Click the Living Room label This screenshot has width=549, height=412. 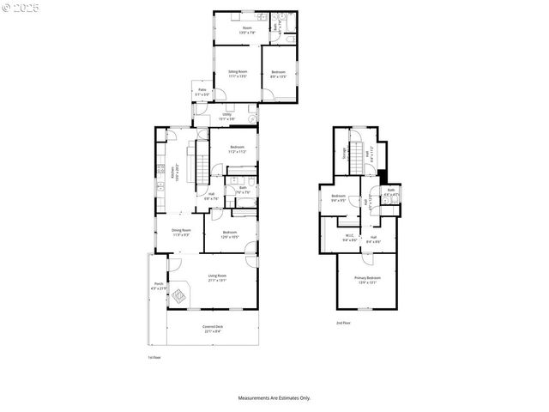click(x=216, y=277)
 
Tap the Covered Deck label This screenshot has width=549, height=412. click(x=212, y=329)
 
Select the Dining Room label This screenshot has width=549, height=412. click(x=180, y=232)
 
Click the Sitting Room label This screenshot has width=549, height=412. click(x=238, y=74)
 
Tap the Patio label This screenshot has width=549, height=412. click(x=202, y=93)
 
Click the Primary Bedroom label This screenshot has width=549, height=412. click(x=367, y=280)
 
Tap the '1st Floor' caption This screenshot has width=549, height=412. click(x=154, y=357)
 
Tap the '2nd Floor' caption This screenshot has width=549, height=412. click(x=342, y=323)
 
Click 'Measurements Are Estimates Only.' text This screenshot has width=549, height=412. click(x=274, y=398)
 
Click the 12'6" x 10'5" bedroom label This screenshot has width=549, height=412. click(x=229, y=234)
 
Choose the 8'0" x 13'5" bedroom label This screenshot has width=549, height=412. click(x=279, y=74)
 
